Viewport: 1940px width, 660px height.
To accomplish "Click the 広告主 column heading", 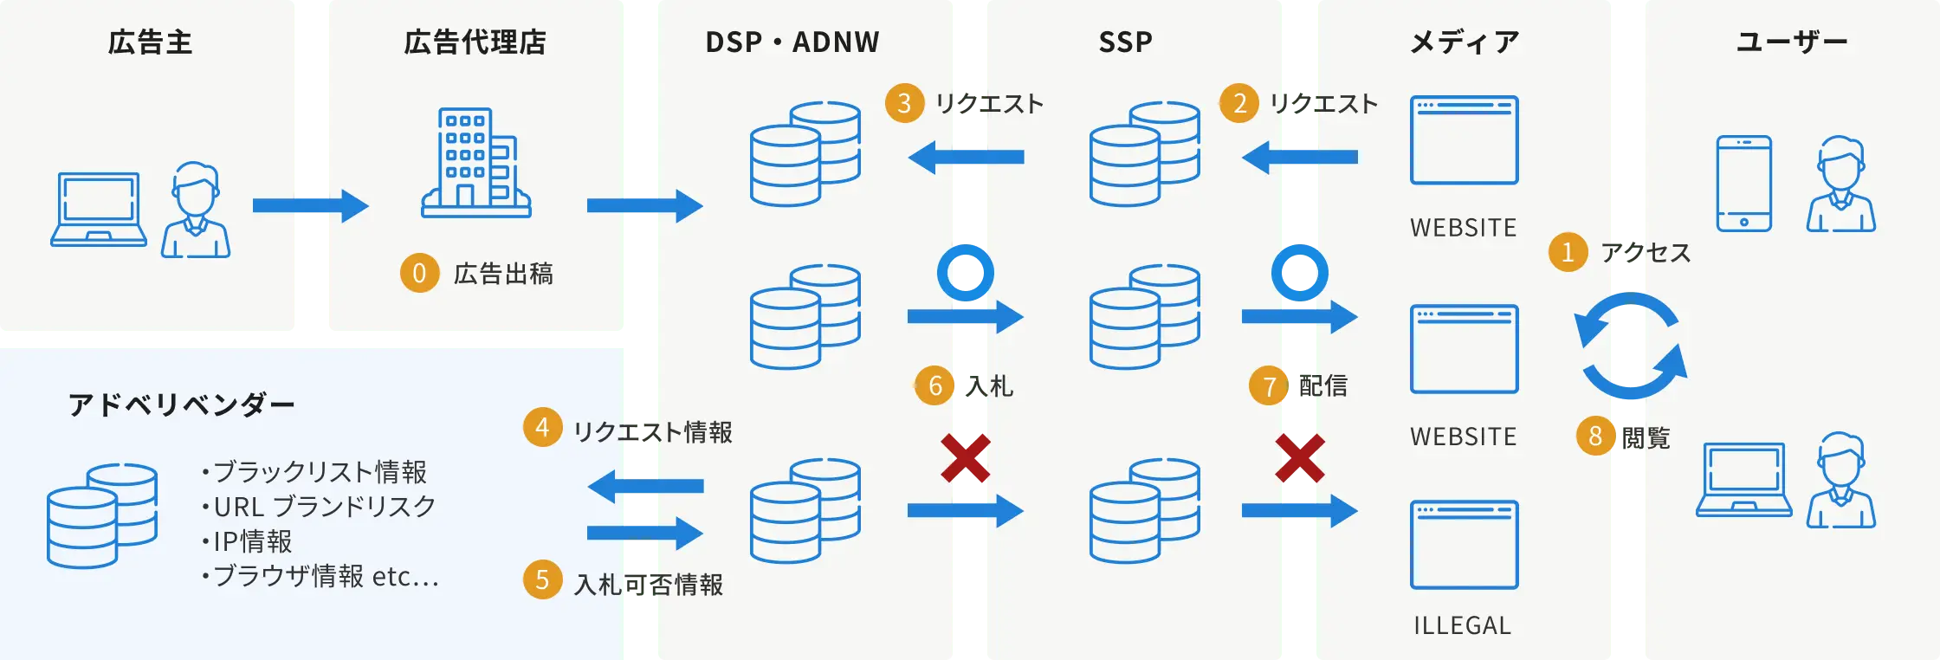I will click(150, 42).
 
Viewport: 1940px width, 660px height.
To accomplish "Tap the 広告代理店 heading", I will click(475, 42).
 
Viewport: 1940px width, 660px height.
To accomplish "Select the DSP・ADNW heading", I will click(792, 42).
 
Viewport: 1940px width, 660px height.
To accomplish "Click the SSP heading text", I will click(1125, 42).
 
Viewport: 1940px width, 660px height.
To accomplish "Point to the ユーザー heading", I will click(1791, 42).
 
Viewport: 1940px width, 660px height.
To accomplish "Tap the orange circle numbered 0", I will click(419, 273).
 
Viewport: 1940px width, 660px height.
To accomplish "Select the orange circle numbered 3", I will click(904, 103).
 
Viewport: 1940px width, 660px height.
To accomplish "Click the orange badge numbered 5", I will click(542, 579).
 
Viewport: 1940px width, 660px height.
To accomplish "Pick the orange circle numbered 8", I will click(1595, 436).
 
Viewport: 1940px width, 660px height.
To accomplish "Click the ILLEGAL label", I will click(1462, 625).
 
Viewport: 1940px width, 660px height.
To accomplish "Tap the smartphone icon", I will click(1743, 183).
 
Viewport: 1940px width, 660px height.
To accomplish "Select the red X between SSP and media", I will click(1299, 458).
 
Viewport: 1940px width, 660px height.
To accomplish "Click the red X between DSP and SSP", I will click(965, 458).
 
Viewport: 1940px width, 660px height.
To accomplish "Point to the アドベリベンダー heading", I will click(181, 404).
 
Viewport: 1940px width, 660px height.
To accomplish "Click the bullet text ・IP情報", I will click(247, 541).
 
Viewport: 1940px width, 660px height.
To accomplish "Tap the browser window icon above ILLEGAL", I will click(1464, 545).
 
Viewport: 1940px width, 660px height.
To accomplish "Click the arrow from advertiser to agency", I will click(310, 205).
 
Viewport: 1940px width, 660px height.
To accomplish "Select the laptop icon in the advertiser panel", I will click(99, 209).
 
